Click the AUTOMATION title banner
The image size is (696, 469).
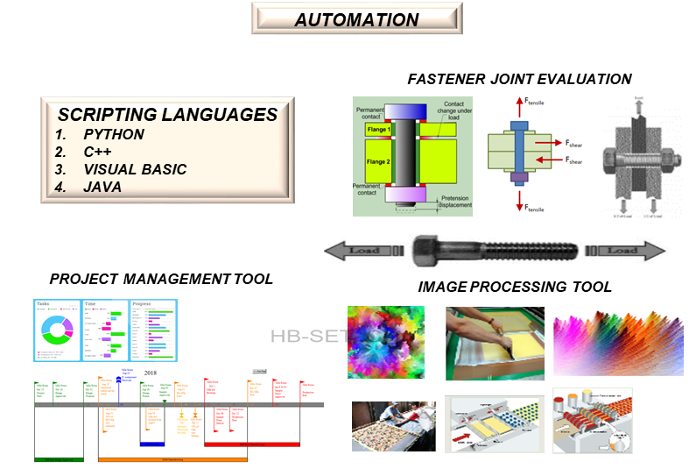click(x=356, y=19)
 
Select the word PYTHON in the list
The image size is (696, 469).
click(x=114, y=135)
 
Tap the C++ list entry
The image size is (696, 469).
click(x=99, y=152)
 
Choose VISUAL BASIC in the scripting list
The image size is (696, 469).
click(x=135, y=169)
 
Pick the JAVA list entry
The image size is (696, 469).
click(x=102, y=187)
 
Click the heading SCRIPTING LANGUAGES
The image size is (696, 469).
click(x=167, y=115)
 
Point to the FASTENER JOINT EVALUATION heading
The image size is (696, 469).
click(x=519, y=79)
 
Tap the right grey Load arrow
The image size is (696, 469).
click(x=622, y=251)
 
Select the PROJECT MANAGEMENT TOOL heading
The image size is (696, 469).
click(x=161, y=279)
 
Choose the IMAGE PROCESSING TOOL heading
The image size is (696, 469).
click(x=515, y=287)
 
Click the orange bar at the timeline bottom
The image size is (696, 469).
click(x=172, y=458)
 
